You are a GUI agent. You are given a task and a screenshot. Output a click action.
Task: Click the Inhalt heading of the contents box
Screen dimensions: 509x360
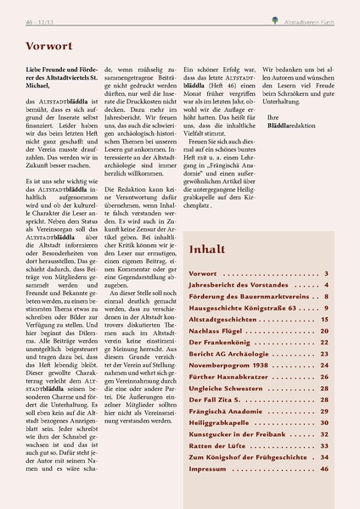coord(209,250)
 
